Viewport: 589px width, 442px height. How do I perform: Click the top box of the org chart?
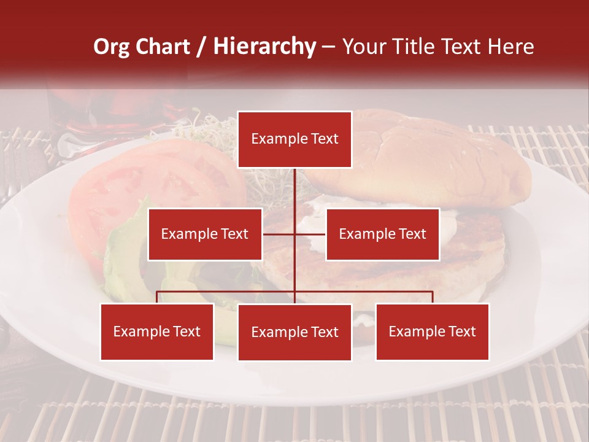click(x=294, y=139)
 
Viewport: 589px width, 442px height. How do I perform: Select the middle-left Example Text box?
click(x=205, y=234)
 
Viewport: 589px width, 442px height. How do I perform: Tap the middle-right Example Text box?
click(x=382, y=234)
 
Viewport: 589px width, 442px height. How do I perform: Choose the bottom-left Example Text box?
click(x=157, y=331)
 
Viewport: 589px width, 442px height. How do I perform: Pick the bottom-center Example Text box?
click(x=294, y=332)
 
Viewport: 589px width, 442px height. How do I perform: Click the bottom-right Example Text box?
click(x=432, y=331)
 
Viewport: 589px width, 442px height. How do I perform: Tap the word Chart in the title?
click(x=163, y=46)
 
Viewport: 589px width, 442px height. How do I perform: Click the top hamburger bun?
click(x=429, y=160)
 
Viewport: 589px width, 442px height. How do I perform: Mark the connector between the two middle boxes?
click(x=294, y=234)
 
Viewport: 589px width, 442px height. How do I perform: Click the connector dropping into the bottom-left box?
click(x=157, y=297)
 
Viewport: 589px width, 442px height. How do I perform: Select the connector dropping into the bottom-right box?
click(x=432, y=297)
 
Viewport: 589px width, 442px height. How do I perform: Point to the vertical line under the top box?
click(x=294, y=190)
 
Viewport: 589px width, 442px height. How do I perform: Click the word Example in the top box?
click(x=276, y=139)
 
